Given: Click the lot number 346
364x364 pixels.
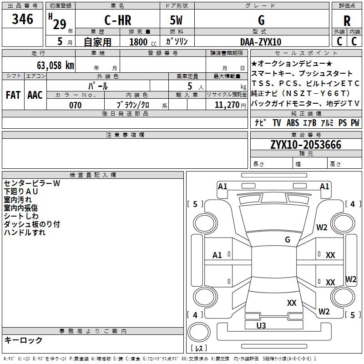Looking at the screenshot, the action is (x=22, y=19).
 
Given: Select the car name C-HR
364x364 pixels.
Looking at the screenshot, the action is (x=118, y=20).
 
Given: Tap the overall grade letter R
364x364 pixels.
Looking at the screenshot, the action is (x=347, y=21).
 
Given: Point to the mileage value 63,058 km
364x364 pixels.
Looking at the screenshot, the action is (x=56, y=66).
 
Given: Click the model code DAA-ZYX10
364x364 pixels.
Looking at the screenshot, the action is (x=261, y=42).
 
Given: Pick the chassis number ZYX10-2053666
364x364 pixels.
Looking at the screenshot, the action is (x=306, y=145).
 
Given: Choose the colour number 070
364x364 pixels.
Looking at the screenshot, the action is (x=76, y=105).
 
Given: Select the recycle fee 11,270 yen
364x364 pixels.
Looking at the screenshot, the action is (x=230, y=105).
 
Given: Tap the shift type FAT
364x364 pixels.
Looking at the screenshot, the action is (x=13, y=95).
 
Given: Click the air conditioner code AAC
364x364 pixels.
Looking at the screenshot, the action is (x=35, y=95).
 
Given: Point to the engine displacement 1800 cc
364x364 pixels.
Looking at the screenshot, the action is (x=143, y=42).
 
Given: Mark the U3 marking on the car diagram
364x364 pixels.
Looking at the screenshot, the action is (x=261, y=325).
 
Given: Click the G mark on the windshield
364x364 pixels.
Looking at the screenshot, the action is (x=288, y=240).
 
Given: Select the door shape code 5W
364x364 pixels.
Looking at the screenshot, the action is (x=176, y=20).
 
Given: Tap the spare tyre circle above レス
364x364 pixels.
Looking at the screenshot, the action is (x=199, y=332).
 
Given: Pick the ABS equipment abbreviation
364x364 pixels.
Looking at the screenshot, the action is (x=293, y=122).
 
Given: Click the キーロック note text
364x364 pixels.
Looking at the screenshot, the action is (x=23, y=340).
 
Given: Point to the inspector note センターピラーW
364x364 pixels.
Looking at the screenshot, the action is (x=32, y=183).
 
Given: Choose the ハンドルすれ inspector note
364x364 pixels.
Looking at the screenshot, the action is (x=25, y=233).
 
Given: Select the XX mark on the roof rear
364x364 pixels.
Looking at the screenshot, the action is (x=292, y=303).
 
